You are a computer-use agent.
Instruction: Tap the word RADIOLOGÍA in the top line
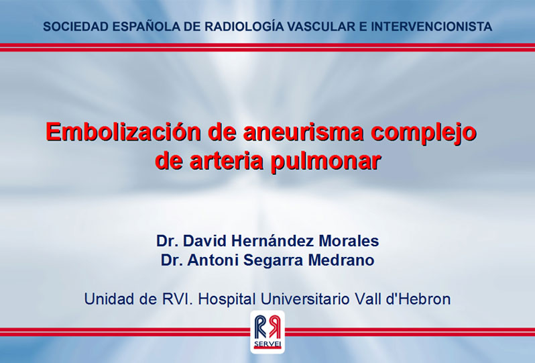(244, 26)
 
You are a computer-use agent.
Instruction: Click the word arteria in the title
(227, 161)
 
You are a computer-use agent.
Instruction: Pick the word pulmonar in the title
(326, 162)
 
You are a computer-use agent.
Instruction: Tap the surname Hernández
(273, 241)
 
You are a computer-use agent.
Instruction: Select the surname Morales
(349, 241)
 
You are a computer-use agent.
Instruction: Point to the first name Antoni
(213, 260)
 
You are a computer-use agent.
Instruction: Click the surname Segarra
(273, 261)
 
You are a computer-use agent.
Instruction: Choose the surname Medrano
(341, 260)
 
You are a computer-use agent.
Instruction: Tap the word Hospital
(227, 300)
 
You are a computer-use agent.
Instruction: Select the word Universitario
(305, 299)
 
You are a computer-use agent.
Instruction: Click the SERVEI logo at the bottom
(267, 332)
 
